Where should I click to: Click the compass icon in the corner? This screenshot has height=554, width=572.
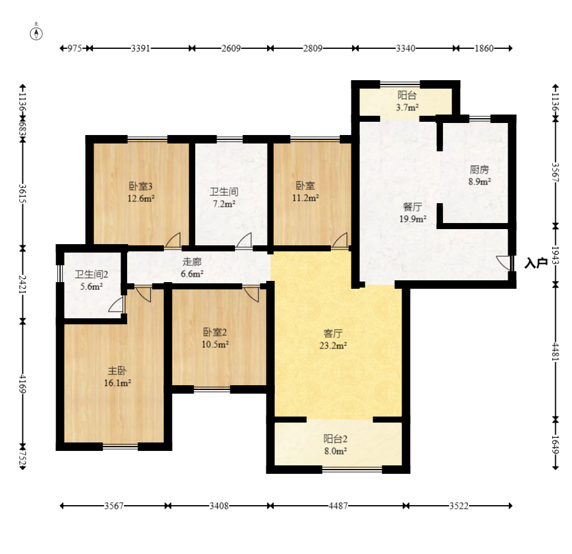[x=36, y=34]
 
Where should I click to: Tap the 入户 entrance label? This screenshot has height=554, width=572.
[x=536, y=263]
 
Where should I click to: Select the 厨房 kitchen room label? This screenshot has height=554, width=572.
[x=479, y=170]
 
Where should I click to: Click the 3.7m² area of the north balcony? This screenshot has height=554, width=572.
[x=407, y=107]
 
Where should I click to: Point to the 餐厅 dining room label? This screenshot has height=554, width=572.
[x=413, y=207]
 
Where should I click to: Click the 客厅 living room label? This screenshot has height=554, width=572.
[x=333, y=333]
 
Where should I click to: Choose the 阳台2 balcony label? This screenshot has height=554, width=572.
[x=335, y=439]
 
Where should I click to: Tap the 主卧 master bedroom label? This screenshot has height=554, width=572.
[x=117, y=371]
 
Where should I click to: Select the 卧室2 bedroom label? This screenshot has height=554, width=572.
[x=215, y=332]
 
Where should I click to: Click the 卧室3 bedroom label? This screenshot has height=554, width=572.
[x=140, y=186]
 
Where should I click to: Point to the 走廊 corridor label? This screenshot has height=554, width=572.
[x=192, y=262]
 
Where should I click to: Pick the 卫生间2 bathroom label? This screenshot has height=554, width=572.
[x=91, y=274]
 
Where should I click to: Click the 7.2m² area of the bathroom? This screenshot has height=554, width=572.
[x=224, y=204]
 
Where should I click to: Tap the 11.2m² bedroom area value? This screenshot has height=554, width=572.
[x=306, y=198]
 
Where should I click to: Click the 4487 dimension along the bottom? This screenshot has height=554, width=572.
[x=338, y=506]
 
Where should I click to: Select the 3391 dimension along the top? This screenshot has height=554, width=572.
[x=140, y=48]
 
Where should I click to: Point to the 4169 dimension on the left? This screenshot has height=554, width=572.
[x=23, y=384]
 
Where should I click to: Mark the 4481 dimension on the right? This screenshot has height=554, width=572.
[x=555, y=351]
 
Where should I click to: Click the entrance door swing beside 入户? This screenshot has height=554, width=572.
[x=503, y=263]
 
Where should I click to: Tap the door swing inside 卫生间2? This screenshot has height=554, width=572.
[x=116, y=304]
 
